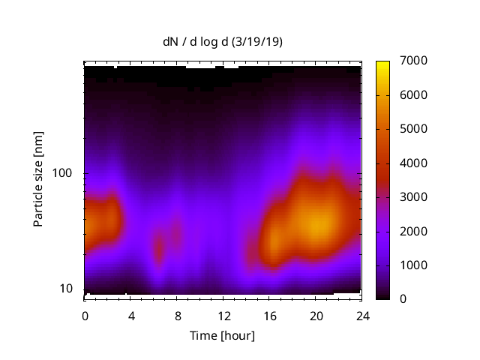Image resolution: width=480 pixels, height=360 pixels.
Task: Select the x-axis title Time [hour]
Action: tap(222, 335)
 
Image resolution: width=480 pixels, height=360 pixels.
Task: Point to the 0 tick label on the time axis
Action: tap(85, 315)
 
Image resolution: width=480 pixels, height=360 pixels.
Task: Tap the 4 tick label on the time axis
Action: tap(131, 315)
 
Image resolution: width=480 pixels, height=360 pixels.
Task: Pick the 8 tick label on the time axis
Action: tap(177, 315)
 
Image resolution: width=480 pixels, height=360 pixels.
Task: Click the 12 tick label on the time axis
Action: tap(223, 315)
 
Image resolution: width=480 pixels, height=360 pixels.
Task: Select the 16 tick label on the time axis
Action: tap(269, 315)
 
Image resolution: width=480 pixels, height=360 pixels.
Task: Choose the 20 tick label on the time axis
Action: tap(315, 315)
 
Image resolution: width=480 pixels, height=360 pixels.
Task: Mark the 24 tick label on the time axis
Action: tap(361, 315)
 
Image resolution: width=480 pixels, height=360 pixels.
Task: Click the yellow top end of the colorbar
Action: tap(382, 63)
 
